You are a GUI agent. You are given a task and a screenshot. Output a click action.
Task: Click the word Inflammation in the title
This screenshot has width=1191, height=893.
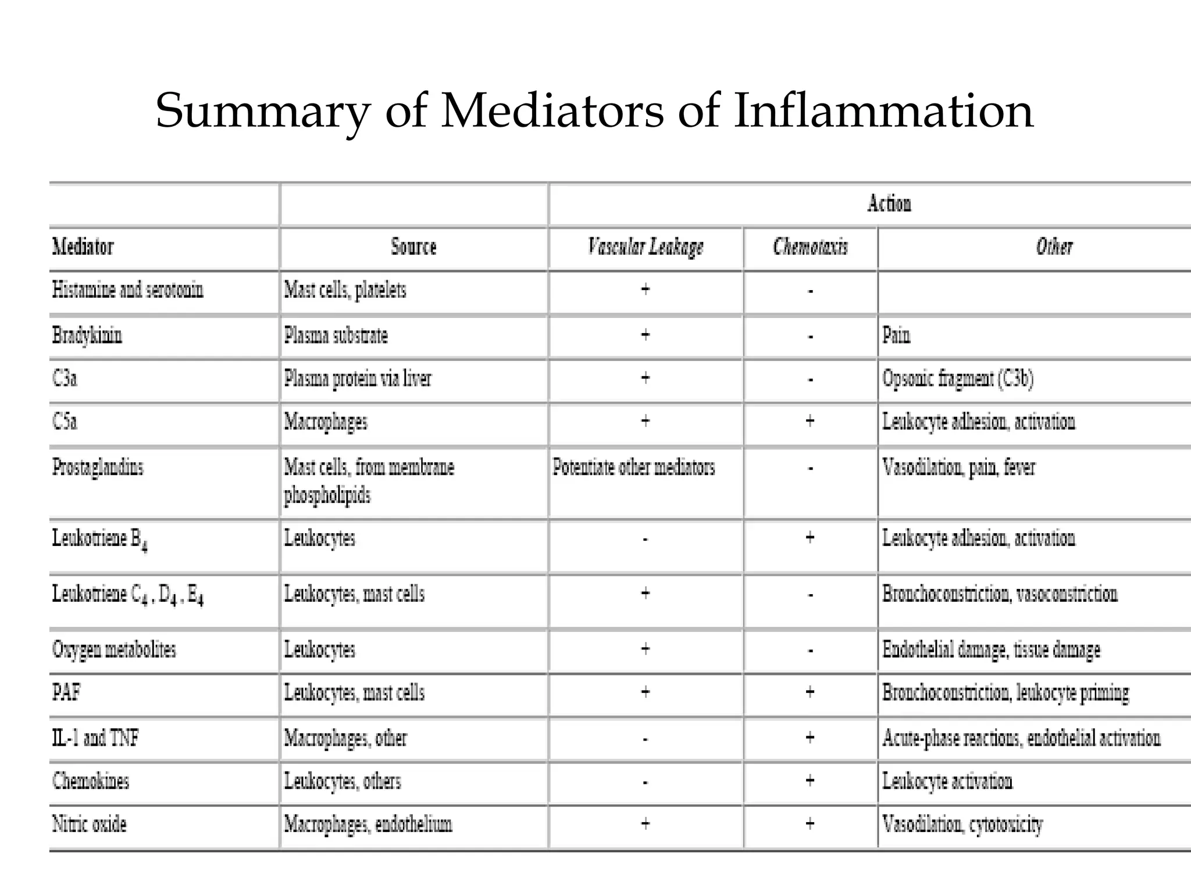click(x=883, y=111)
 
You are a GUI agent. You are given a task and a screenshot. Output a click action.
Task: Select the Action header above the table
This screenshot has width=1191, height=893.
click(x=889, y=204)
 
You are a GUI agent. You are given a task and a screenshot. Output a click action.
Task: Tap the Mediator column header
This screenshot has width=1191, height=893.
click(x=83, y=247)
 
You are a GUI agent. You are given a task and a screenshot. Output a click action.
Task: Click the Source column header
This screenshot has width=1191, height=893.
click(x=413, y=247)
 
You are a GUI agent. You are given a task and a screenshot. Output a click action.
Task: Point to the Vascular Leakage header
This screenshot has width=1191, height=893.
click(x=646, y=247)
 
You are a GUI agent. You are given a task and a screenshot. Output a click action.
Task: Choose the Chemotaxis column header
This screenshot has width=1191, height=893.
click(x=810, y=247)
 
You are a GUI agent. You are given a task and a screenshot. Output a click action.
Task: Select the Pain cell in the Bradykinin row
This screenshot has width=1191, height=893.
click(x=896, y=335)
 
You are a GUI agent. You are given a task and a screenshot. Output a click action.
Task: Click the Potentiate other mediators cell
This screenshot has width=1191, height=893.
click(x=633, y=467)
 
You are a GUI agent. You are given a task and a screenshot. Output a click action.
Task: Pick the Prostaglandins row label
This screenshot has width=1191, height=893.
click(x=98, y=467)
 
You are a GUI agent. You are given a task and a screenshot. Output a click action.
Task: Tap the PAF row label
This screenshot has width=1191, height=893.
click(x=66, y=692)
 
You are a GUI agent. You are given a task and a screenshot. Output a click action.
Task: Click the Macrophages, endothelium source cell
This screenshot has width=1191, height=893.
click(x=368, y=824)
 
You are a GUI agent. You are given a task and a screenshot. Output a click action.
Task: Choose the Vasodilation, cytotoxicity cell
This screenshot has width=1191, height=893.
click(x=962, y=824)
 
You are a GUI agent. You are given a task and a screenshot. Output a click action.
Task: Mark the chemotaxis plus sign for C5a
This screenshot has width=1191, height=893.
click(x=810, y=421)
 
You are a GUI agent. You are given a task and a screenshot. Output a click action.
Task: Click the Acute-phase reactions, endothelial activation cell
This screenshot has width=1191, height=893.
click(x=1021, y=738)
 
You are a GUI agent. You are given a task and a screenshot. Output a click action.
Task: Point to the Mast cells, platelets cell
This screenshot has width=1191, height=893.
click(x=345, y=290)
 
